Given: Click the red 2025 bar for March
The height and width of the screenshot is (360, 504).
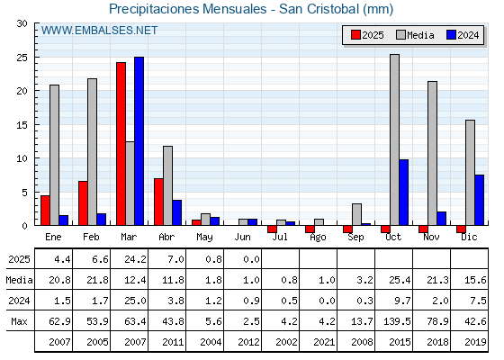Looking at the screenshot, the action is [x=121, y=144].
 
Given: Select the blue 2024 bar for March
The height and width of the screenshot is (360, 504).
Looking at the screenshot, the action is [x=139, y=141].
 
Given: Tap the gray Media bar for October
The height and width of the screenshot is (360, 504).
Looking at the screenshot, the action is [x=395, y=139].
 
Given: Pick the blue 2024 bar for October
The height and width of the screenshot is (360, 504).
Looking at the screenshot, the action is [x=404, y=193].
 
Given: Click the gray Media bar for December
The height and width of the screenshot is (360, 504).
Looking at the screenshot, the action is [x=470, y=173].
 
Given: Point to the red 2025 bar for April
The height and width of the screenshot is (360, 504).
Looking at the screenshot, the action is [x=158, y=202].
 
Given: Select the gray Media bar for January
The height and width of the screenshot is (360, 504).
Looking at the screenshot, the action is [x=54, y=155].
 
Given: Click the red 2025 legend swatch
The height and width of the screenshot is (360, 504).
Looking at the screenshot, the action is [x=355, y=35].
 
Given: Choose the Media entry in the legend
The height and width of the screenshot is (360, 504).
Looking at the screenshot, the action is [x=415, y=35].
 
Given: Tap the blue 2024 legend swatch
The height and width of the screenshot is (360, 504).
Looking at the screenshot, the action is [x=451, y=35].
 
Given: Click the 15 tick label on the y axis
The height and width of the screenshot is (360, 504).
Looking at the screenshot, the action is [x=22, y=125].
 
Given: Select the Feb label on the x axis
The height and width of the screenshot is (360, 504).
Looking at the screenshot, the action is [x=91, y=238].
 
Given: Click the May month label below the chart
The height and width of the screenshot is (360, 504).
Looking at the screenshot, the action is [x=204, y=238].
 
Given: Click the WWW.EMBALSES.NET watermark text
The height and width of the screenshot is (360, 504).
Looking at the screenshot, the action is [x=99, y=31].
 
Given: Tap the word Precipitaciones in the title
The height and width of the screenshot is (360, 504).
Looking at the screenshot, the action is [x=155, y=9].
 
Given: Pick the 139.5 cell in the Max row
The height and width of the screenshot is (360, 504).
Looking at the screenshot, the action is [x=397, y=321].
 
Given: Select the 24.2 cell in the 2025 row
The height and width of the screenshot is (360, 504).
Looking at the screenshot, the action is [x=135, y=259].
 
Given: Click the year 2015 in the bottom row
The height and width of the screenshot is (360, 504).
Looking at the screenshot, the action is [x=400, y=342].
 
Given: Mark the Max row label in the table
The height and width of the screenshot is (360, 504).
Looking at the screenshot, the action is [x=19, y=321].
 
